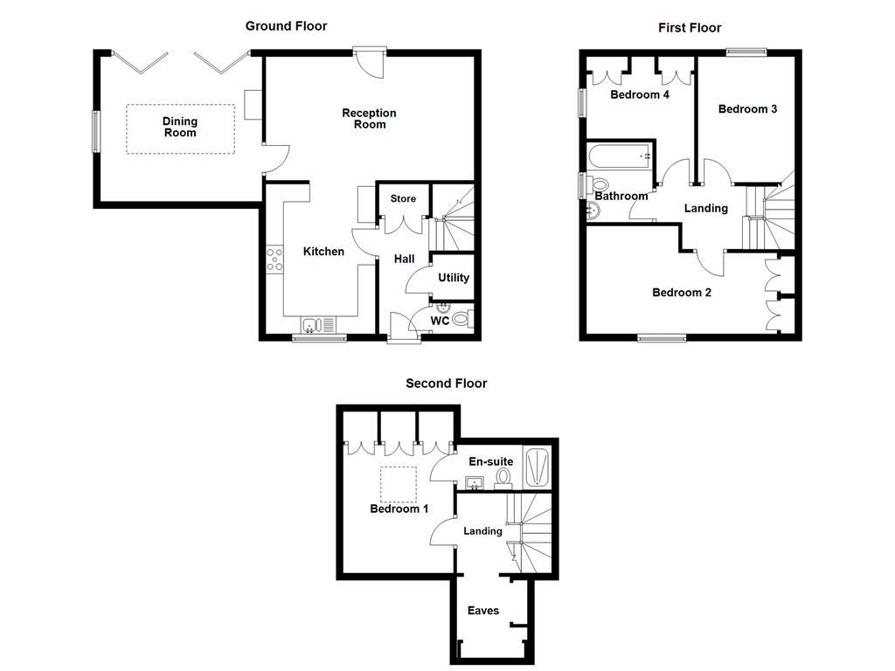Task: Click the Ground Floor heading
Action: (x=286, y=26)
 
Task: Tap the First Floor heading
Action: (x=690, y=28)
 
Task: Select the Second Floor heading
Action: (x=446, y=384)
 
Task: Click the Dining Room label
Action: (x=180, y=128)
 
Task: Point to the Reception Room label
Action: (x=369, y=119)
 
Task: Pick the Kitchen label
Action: (x=323, y=252)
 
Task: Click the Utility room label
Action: (x=454, y=278)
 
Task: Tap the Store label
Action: (x=403, y=199)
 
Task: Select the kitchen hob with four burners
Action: (x=274, y=259)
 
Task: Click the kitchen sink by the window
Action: (x=313, y=326)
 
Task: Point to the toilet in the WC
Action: (x=461, y=319)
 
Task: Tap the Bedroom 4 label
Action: (x=640, y=94)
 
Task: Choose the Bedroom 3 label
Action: (x=747, y=109)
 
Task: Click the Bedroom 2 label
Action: (x=682, y=293)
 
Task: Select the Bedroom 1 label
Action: (x=396, y=509)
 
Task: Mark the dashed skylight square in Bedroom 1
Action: (x=399, y=483)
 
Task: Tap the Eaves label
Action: (x=483, y=611)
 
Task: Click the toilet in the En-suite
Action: (x=503, y=477)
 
